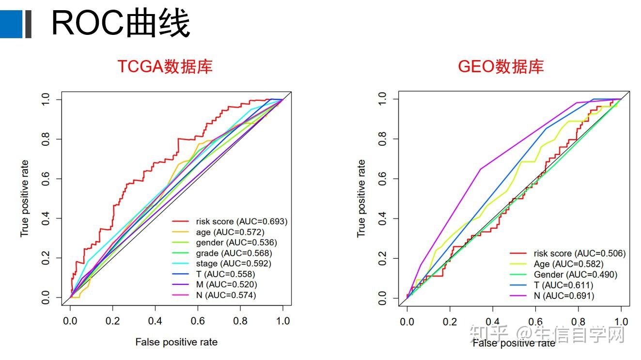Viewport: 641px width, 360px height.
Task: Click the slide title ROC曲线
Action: pyautogui.click(x=120, y=23)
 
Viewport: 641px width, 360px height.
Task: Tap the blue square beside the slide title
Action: pyautogui.click(x=11, y=24)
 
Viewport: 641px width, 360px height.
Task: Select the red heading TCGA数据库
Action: pyautogui.click(x=165, y=66)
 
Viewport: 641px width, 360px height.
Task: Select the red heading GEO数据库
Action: pyautogui.click(x=500, y=66)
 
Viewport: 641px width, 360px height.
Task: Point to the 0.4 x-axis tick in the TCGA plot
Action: pyautogui.click(x=156, y=321)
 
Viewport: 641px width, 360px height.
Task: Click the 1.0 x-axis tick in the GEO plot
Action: pyautogui.click(x=621, y=322)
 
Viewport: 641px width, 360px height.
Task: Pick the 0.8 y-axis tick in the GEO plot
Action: pyautogui.click(x=382, y=139)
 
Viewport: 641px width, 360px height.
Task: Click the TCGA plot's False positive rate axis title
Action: pyautogui.click(x=176, y=342)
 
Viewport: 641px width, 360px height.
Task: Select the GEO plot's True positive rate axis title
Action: pyautogui.click(x=361, y=199)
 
